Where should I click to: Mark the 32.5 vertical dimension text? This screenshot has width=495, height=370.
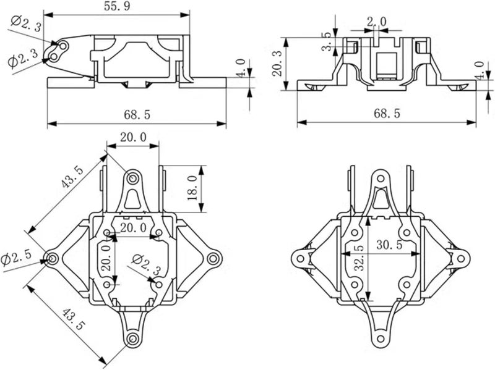point(358,258)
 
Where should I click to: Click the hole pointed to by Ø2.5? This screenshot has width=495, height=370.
point(52,257)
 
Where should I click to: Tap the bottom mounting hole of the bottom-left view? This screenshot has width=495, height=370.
point(132,339)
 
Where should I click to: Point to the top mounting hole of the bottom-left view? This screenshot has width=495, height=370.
point(132,178)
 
